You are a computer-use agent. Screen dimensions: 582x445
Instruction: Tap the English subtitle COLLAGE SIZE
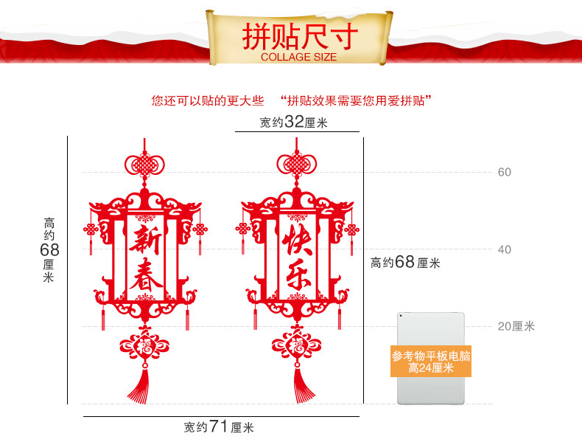(298, 57)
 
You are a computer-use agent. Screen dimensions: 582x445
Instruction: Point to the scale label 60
(504, 172)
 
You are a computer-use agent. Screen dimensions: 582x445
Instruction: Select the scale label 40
(504, 249)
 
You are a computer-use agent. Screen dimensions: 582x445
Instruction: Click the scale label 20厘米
(515, 326)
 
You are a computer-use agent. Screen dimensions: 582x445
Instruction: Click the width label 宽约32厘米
(293, 123)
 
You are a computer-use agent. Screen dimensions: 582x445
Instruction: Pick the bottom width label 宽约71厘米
(219, 427)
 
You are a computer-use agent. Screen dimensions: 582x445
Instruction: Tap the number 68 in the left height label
(49, 250)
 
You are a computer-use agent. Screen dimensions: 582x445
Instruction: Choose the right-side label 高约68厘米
(404, 262)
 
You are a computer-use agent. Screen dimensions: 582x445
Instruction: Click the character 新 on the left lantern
(145, 240)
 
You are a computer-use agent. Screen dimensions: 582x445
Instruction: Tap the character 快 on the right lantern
(297, 240)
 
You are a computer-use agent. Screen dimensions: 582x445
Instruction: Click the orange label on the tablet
(431, 362)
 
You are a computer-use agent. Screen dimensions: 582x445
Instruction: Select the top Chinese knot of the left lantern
(144, 163)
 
